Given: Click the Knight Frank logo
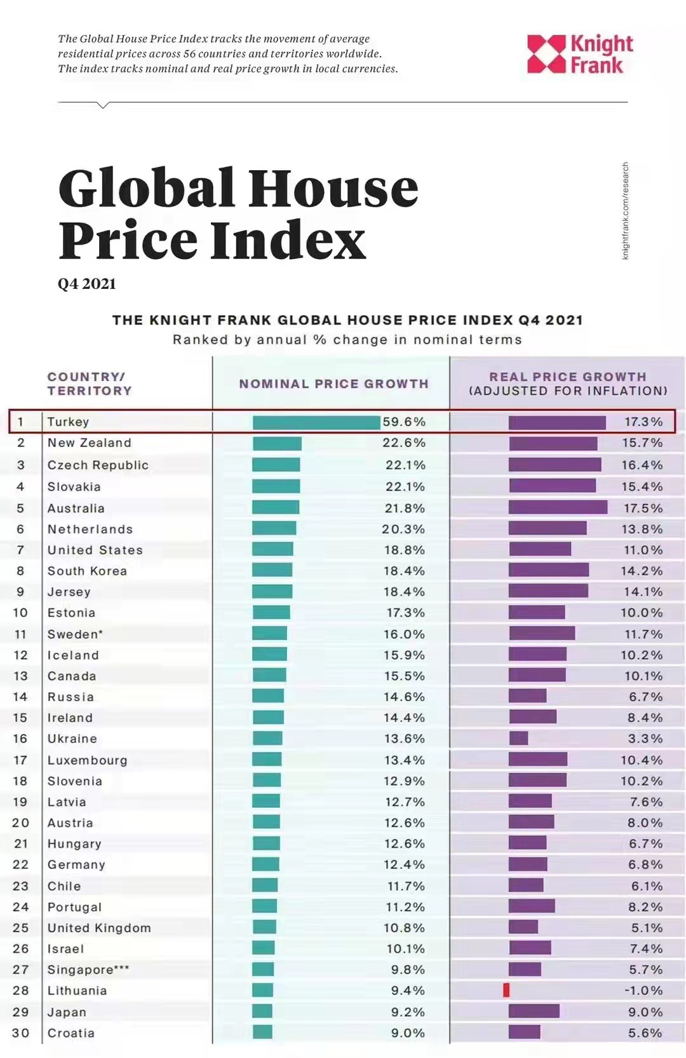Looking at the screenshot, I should click(x=579, y=55).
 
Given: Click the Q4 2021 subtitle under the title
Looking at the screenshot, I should click(x=87, y=284).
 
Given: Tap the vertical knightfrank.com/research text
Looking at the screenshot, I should click(x=625, y=210).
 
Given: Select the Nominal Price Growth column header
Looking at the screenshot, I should click(x=333, y=384).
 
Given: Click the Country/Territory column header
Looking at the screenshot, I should click(x=89, y=384).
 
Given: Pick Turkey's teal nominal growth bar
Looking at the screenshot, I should click(x=316, y=422).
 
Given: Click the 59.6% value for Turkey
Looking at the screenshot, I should click(x=404, y=422).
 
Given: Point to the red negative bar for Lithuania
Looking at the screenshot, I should click(x=506, y=990).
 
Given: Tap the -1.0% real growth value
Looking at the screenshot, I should click(x=643, y=990).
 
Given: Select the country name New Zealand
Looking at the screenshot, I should click(x=90, y=443).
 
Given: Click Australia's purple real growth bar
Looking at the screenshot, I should click(x=558, y=507).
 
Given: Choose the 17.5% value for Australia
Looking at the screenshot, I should click(x=643, y=508).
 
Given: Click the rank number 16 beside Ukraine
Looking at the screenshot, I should click(x=20, y=739).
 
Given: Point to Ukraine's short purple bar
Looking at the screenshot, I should click(x=518, y=738).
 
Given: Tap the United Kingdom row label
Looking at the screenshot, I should click(x=99, y=928).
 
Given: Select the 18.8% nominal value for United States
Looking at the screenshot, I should click(x=405, y=550).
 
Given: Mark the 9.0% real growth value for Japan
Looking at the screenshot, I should click(x=645, y=1012).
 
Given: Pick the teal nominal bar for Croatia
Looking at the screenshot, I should click(x=262, y=1032).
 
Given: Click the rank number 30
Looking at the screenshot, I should click(x=20, y=1033).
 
